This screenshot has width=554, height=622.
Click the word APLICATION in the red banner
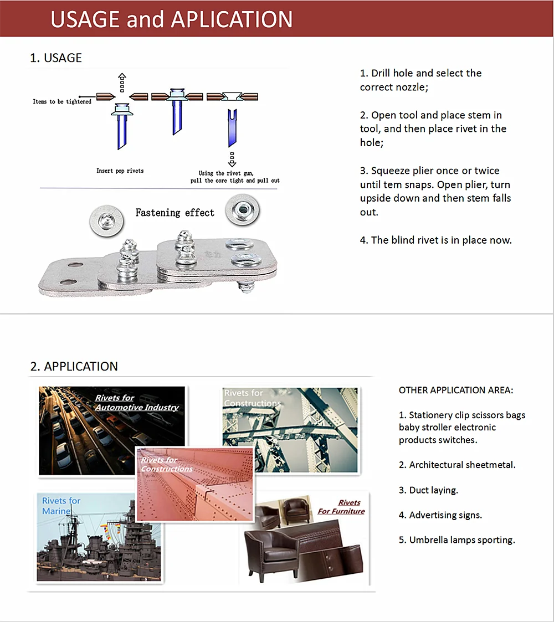tap(232, 20)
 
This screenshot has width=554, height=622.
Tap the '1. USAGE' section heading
tap(56, 58)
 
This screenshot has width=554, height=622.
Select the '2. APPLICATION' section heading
tap(74, 367)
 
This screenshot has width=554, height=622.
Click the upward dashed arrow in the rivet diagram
tap(122, 82)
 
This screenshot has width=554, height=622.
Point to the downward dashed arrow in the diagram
tap(232, 159)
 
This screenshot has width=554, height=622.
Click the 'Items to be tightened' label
tap(62, 102)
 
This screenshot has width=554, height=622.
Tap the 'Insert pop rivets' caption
tap(120, 171)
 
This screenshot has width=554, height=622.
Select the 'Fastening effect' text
tap(175, 213)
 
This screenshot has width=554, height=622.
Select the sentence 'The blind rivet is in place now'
tap(441, 240)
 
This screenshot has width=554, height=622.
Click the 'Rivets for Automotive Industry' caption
tap(136, 403)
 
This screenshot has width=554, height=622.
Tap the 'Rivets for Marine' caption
tap(61, 505)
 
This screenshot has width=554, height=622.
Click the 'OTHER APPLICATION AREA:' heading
tap(456, 390)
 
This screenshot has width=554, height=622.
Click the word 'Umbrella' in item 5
tap(428, 540)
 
